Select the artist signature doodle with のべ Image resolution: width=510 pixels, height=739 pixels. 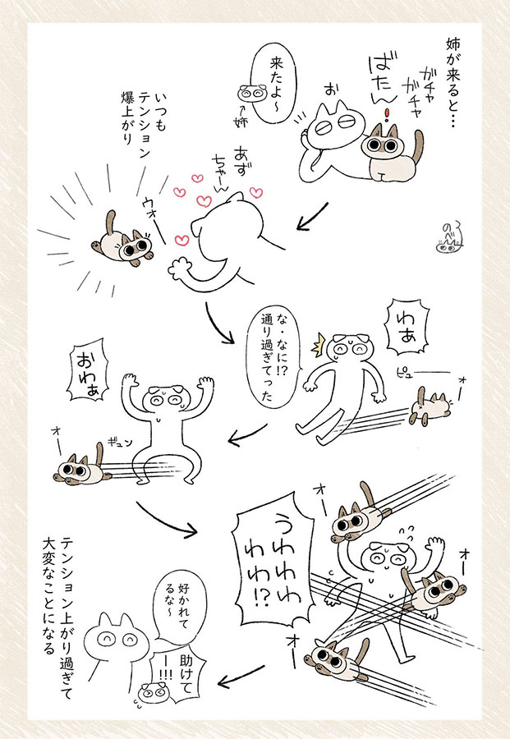click(449, 238)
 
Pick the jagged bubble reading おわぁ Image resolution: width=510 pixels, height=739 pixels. click(88, 370)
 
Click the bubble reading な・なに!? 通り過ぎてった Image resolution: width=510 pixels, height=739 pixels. click(274, 358)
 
